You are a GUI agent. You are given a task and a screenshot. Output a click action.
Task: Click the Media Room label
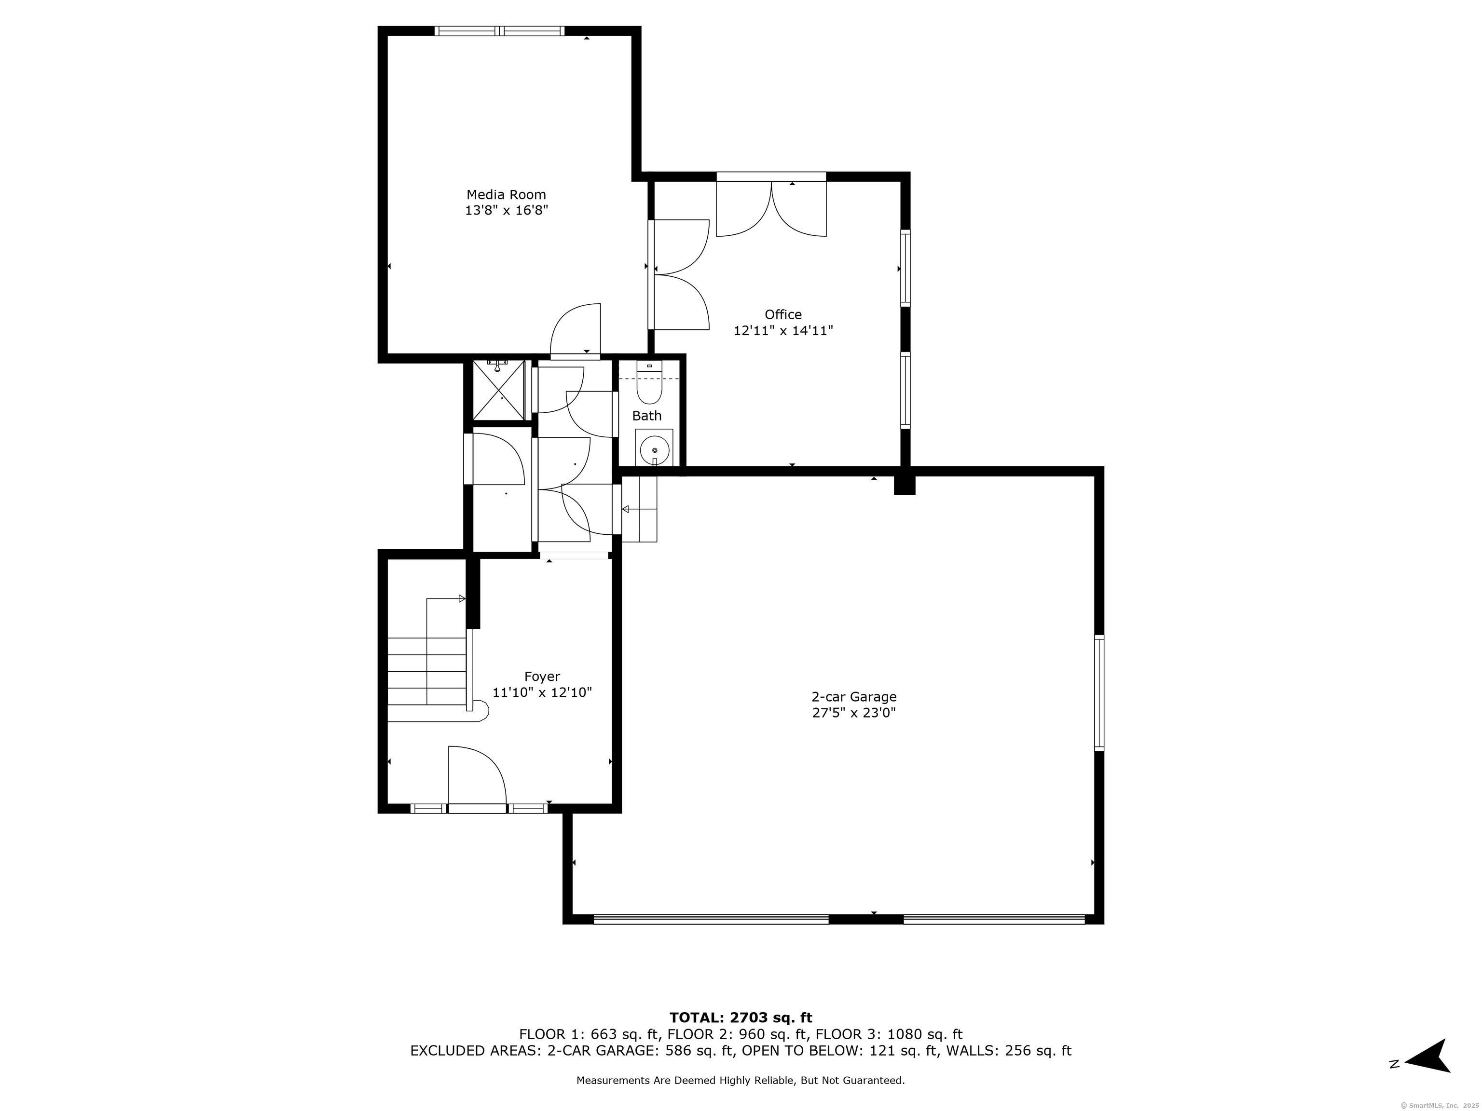pos(506,195)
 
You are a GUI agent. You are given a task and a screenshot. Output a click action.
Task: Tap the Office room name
pos(783,315)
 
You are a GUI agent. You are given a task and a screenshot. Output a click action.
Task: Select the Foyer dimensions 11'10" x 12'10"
pos(542,692)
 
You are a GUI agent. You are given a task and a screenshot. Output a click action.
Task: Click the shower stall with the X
pos(499,391)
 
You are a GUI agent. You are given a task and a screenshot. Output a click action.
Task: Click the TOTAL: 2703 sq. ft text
pos(741,1018)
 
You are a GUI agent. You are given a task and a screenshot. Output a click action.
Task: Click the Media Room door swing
pos(575,329)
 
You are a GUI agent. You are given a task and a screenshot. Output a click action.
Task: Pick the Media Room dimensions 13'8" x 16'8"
pos(507,211)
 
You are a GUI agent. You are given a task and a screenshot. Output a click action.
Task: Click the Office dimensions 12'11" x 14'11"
pos(783,331)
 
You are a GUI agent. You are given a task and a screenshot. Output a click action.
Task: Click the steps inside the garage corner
pos(639,509)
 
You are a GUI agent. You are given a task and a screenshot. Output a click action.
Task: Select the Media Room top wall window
pos(499,31)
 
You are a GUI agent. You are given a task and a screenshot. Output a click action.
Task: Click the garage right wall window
pos(1099,693)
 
